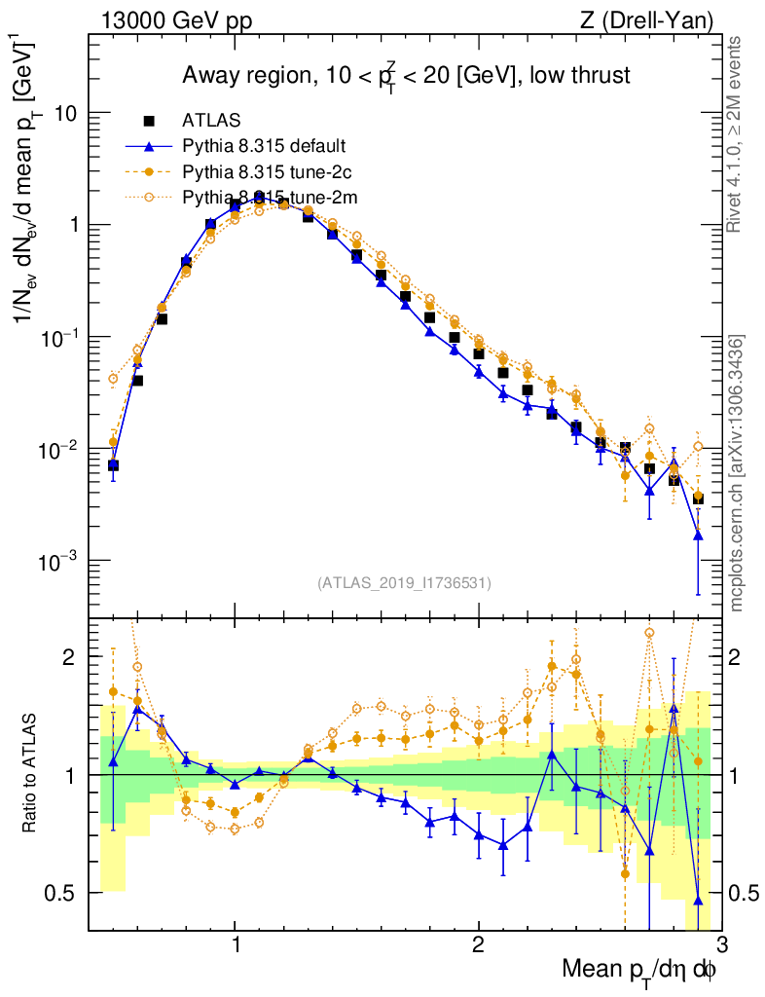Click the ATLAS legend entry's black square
(x=149, y=121)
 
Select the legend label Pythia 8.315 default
(x=265, y=146)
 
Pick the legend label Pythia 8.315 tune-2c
(x=265, y=172)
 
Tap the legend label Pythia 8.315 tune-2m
(x=267, y=198)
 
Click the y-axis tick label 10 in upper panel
(x=65, y=113)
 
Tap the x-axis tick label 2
(x=478, y=944)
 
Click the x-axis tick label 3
(x=720, y=944)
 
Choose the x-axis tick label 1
(x=236, y=944)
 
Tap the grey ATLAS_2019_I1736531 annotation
(x=404, y=583)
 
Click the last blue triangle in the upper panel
(x=698, y=535)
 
